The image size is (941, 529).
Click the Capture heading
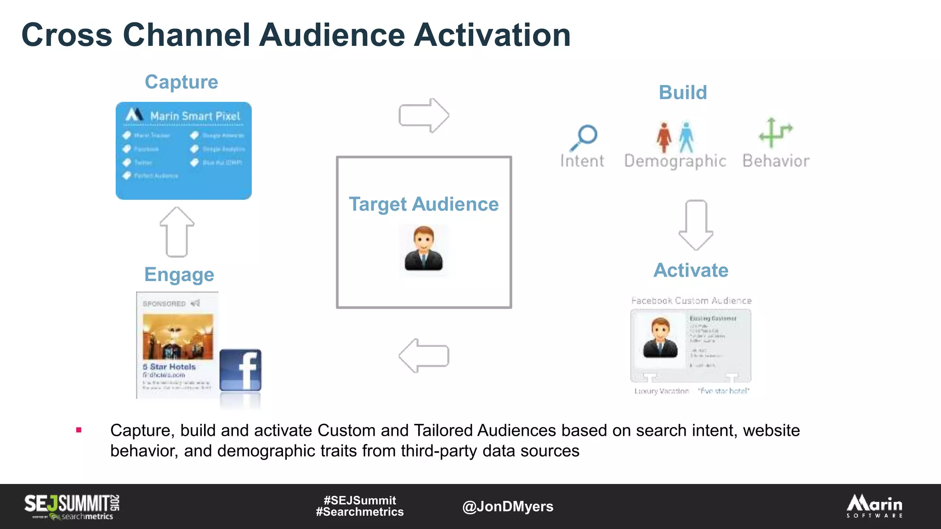[x=181, y=82]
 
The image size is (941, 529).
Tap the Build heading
[x=683, y=93]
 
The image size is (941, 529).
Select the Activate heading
[x=691, y=270]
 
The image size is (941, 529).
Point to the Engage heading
[x=179, y=275]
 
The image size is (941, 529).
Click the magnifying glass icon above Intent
[x=584, y=137]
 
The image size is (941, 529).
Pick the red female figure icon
[x=663, y=137]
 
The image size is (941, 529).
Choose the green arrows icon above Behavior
[x=775, y=133]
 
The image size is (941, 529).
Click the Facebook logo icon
[x=240, y=370]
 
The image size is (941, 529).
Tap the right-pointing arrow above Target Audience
[x=424, y=115]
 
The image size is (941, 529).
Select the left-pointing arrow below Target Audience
[x=424, y=355]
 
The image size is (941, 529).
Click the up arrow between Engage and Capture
[x=177, y=232]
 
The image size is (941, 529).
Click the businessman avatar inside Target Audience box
[x=424, y=248]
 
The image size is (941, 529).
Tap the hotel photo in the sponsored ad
[x=178, y=337]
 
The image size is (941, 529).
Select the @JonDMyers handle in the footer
[x=508, y=506]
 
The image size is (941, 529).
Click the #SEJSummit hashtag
[x=360, y=500]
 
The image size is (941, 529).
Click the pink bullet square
[x=79, y=430]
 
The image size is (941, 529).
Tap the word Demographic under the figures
[x=675, y=161]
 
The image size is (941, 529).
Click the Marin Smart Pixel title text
[x=195, y=116]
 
